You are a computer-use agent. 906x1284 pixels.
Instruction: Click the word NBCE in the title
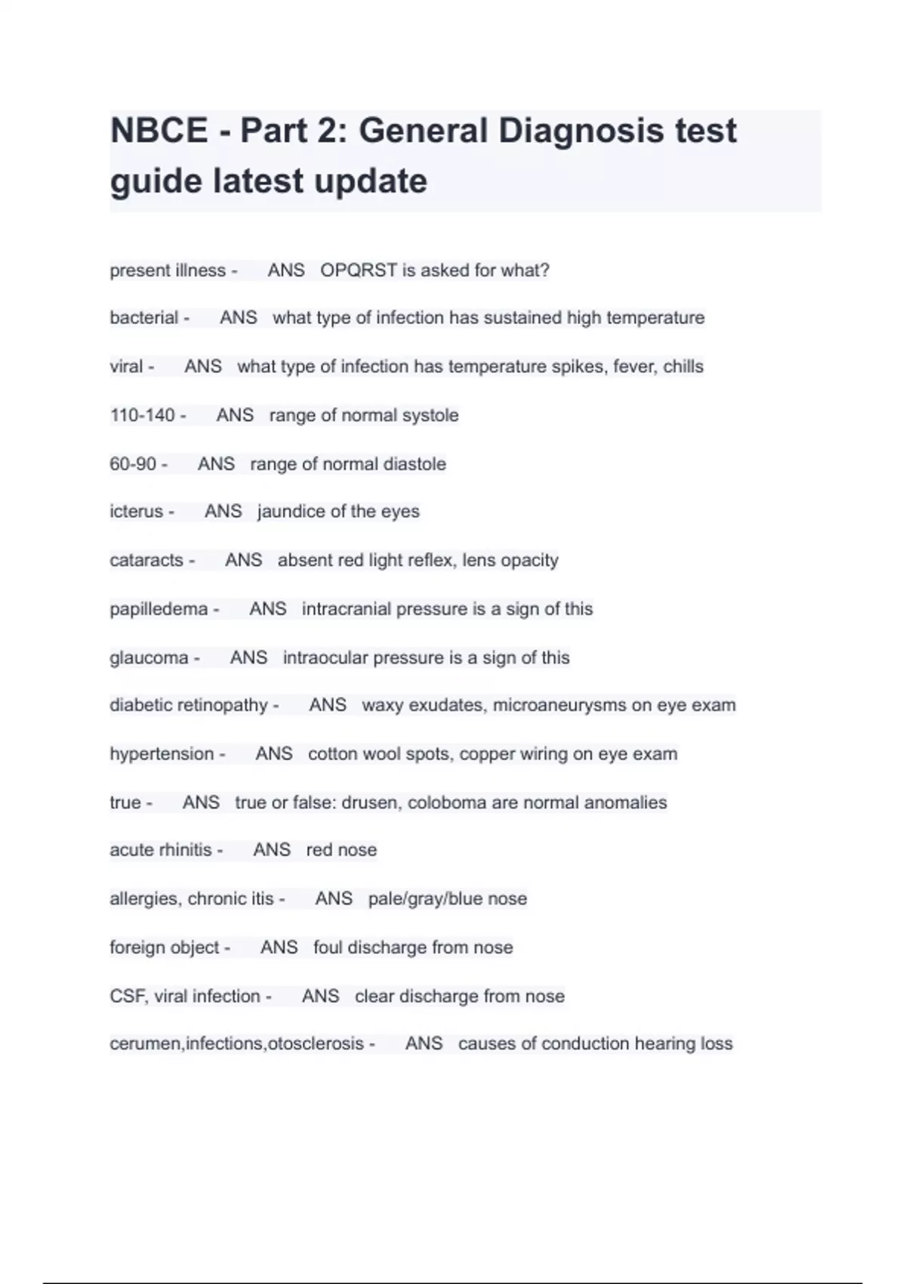tap(159, 131)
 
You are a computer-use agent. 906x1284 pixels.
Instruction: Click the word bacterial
tap(144, 318)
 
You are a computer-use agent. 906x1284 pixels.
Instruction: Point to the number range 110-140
tap(143, 415)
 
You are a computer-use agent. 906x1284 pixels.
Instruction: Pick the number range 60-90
tap(133, 464)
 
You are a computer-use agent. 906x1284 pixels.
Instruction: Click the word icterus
tap(137, 512)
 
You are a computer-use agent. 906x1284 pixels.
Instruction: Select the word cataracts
tap(146, 560)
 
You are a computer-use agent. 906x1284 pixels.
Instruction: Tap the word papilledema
tap(159, 609)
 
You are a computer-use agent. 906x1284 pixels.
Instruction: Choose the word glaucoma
tap(149, 658)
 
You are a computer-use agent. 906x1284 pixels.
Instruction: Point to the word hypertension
tap(162, 754)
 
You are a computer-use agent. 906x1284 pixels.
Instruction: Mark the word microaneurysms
tap(559, 705)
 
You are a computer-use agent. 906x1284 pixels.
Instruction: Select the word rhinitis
tap(187, 850)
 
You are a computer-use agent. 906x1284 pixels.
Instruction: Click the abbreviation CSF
tap(127, 996)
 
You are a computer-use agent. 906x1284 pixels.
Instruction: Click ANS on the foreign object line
tap(279, 947)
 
